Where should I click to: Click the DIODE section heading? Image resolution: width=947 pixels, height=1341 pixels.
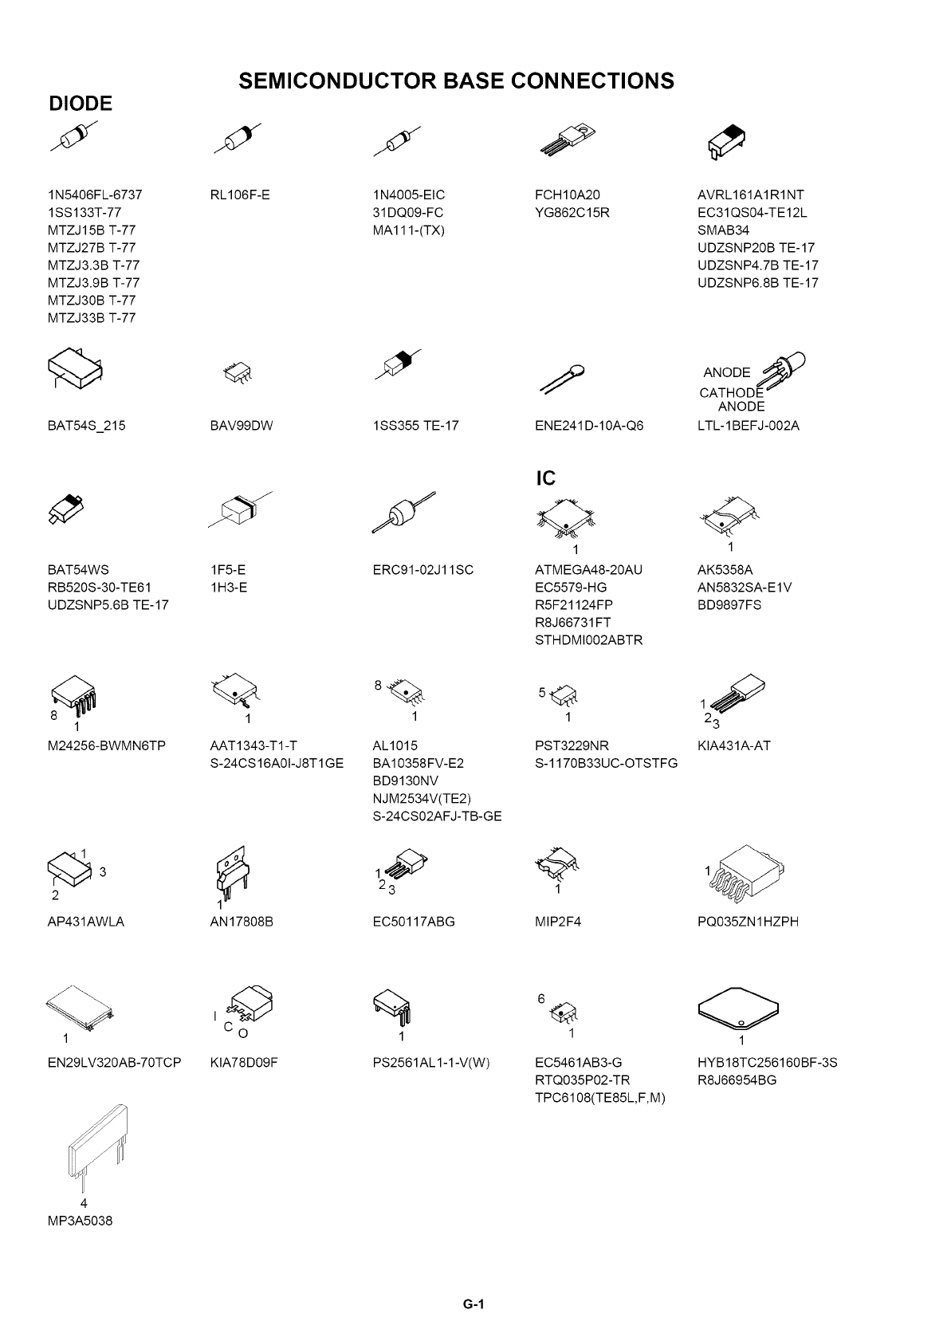click(x=81, y=104)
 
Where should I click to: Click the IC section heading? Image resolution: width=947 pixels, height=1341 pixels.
click(x=545, y=478)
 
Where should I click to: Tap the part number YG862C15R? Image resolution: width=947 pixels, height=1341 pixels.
click(x=572, y=213)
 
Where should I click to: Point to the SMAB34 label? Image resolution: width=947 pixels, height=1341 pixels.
click(x=723, y=230)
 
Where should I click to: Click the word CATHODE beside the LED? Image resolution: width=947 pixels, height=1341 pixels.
click(x=730, y=392)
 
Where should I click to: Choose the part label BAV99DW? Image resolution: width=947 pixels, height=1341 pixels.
click(x=242, y=426)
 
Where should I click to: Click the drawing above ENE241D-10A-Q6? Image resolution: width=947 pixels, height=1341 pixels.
click(x=564, y=378)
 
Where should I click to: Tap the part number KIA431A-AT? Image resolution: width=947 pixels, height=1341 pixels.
click(x=733, y=746)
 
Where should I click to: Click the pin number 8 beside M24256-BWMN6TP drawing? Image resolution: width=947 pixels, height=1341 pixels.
click(x=54, y=715)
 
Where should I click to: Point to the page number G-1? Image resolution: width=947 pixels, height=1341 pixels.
click(x=473, y=1305)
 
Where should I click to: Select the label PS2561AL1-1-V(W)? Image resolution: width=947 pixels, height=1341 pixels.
click(x=430, y=1063)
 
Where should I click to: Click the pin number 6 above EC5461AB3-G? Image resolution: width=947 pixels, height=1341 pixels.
click(x=540, y=999)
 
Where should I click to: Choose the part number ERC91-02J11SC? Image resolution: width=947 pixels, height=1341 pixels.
click(x=422, y=570)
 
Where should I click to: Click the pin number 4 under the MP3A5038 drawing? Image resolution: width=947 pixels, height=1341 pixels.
click(x=84, y=1203)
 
